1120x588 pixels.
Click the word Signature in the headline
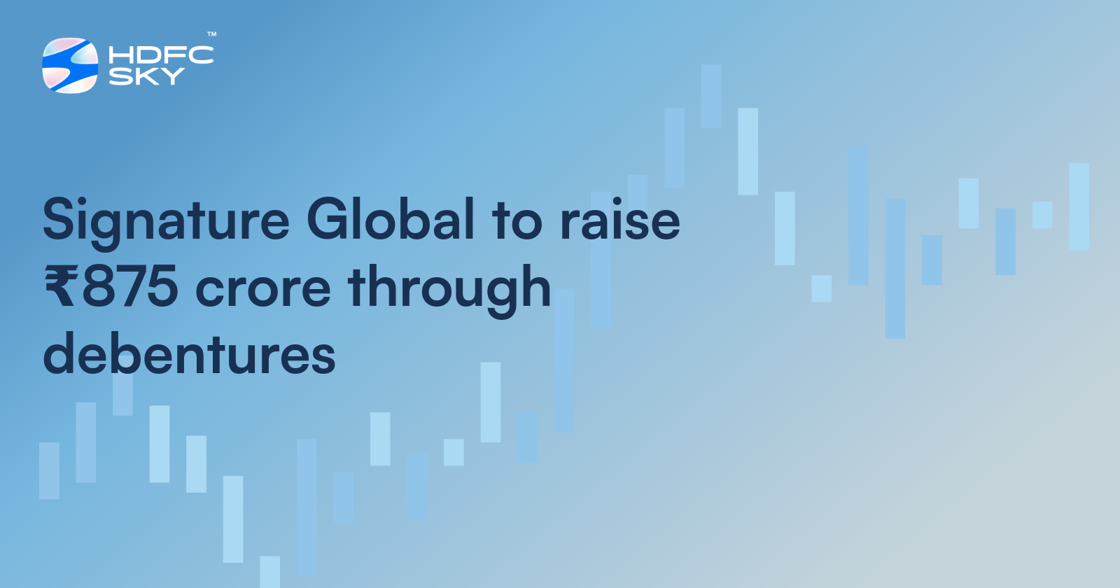166,220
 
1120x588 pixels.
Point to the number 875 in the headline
130,287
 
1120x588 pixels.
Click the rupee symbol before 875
60,288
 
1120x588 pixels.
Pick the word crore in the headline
262,289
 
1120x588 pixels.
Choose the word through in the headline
449,288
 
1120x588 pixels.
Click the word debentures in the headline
189,354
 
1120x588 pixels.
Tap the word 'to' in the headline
517,220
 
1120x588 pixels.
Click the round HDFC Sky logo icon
70,65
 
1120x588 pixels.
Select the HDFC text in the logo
161,55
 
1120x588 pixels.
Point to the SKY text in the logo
146,76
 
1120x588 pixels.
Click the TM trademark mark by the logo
211,34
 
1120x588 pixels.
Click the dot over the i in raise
618,200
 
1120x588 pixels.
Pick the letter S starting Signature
59,219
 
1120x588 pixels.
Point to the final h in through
535,287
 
